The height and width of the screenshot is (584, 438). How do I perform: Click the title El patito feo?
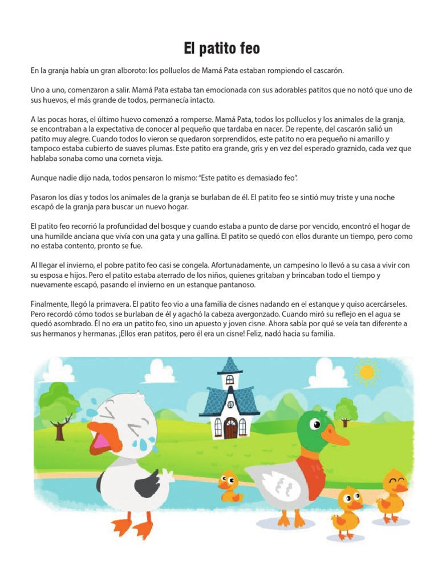(221, 49)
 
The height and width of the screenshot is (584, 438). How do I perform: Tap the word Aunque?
(44, 179)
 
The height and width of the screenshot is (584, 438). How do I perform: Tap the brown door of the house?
(230, 427)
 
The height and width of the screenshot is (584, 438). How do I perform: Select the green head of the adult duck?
(318, 424)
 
